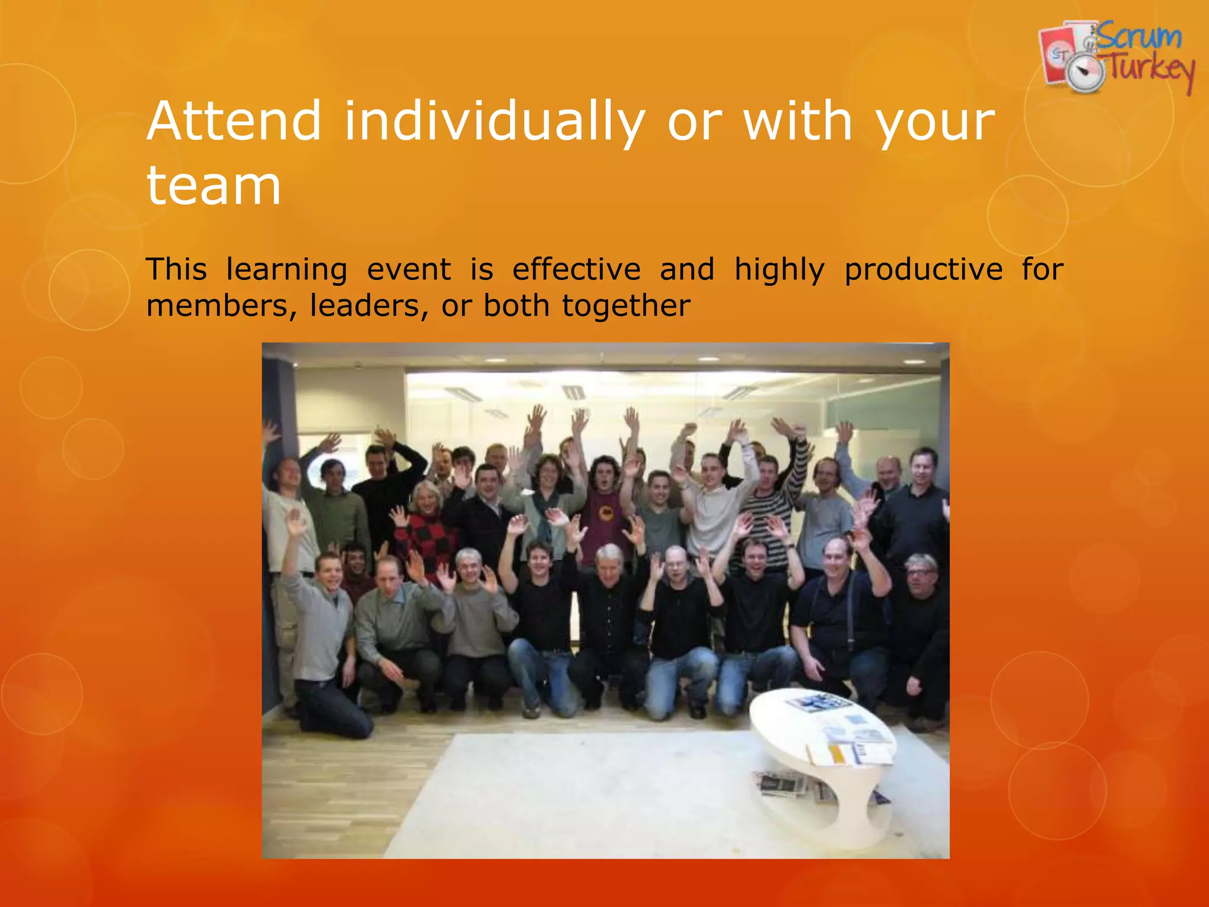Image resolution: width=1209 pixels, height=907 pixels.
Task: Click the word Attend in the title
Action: click(234, 121)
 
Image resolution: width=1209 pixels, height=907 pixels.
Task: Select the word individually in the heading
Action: click(494, 122)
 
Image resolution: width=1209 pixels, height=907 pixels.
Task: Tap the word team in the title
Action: click(214, 186)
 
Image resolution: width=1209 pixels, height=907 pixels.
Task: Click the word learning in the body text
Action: click(287, 270)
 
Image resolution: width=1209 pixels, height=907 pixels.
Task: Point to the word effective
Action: click(576, 269)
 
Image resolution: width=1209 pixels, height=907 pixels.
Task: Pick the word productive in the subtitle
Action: click(923, 270)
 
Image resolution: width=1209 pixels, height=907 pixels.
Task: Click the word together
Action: click(626, 306)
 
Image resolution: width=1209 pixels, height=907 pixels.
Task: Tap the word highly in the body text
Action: click(779, 270)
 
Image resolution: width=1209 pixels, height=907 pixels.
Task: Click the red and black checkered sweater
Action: click(426, 540)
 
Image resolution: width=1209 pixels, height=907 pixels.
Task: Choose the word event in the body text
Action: click(409, 270)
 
